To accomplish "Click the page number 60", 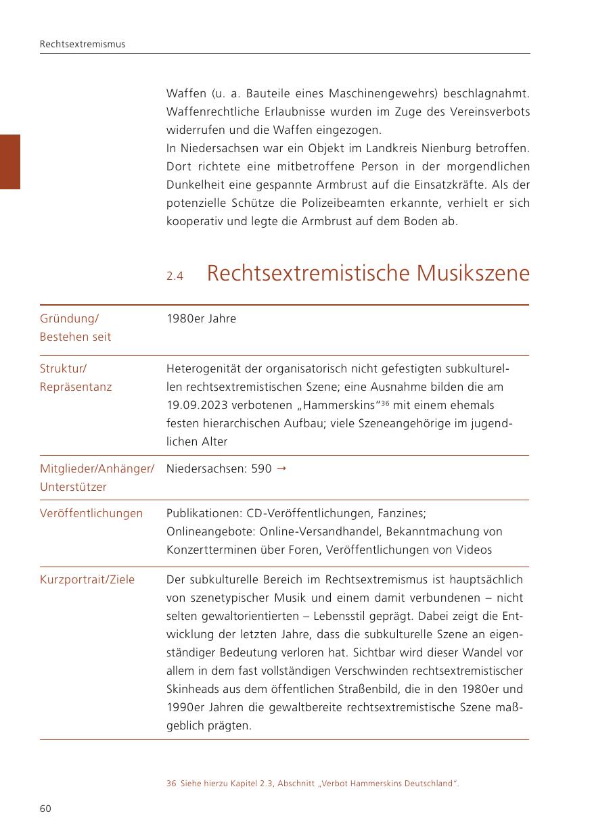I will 45,809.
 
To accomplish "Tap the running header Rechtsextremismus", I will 83,44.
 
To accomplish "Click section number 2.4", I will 175,276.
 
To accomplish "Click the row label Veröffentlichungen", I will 91,513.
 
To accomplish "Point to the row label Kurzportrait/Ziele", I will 87,579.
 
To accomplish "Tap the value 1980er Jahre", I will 201,318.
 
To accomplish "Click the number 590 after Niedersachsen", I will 261,469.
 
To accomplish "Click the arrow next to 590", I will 281,468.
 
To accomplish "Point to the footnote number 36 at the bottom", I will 170,784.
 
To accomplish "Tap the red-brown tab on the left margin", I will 9,162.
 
